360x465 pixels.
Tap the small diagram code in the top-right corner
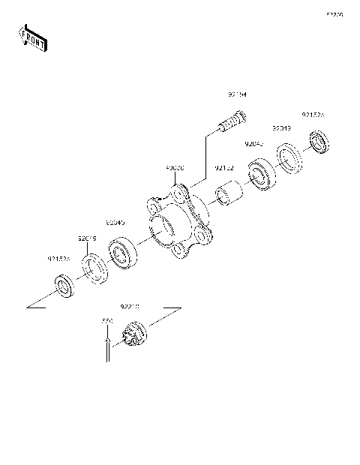click(x=334, y=14)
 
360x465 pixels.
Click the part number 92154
click(x=238, y=95)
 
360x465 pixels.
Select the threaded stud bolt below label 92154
click(x=231, y=121)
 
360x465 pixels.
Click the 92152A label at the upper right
click(x=313, y=115)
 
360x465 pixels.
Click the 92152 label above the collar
click(x=224, y=168)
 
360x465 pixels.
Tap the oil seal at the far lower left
click(x=65, y=286)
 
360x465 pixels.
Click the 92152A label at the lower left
click(x=58, y=259)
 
